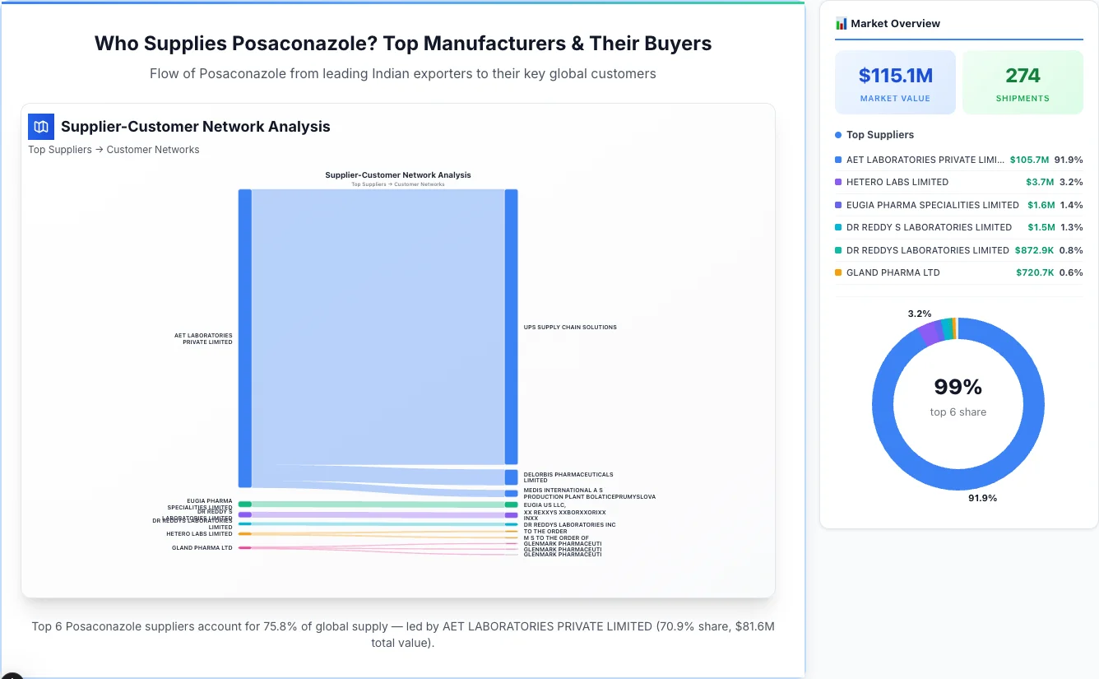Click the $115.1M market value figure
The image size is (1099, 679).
point(895,76)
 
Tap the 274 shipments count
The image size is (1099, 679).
point(1022,76)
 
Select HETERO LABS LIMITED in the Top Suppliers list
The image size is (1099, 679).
point(897,182)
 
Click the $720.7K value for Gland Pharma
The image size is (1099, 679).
point(1035,272)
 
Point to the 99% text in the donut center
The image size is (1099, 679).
point(958,387)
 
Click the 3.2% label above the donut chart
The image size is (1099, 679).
point(919,314)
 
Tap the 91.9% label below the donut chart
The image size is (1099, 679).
point(982,498)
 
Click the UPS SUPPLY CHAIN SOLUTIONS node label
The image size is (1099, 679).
point(570,328)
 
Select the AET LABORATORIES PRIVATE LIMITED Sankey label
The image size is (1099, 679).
point(203,338)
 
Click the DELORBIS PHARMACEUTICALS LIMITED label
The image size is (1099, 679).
point(568,477)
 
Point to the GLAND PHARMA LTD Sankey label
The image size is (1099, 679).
point(202,547)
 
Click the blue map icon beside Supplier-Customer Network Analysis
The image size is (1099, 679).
point(41,127)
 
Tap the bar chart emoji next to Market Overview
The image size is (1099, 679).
point(841,23)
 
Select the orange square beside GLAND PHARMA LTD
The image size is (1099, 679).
point(838,272)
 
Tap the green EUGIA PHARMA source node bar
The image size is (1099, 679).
point(245,504)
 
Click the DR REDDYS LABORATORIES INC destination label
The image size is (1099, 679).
point(569,524)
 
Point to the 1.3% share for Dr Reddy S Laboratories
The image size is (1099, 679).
point(1072,227)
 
